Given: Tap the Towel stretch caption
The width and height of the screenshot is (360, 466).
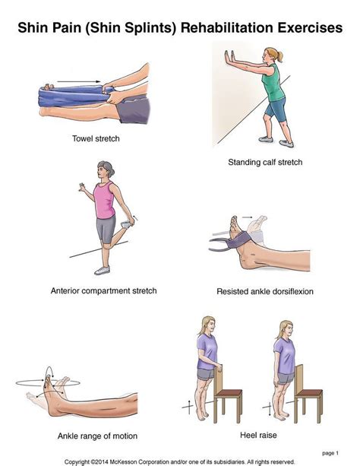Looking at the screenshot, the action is tap(96, 138).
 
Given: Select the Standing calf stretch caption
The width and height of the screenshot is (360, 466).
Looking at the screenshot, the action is tap(265, 162).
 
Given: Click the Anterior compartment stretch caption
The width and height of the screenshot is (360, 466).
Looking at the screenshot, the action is tap(103, 290).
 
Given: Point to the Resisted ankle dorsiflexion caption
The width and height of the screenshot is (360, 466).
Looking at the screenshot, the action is tap(265, 292).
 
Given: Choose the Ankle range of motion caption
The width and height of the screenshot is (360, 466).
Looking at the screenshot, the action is tap(97, 436).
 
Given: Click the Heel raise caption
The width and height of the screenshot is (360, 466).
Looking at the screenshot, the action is tap(258, 435).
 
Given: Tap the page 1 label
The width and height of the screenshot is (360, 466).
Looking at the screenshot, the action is tap(330, 453).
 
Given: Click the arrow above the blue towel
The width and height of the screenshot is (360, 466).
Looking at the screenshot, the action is tap(79, 81).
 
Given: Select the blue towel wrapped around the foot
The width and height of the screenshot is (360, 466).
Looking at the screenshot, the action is tap(74, 96).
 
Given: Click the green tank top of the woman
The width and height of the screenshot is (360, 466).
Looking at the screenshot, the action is tap(273, 84).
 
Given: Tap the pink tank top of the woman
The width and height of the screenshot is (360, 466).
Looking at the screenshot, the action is tap(104, 200).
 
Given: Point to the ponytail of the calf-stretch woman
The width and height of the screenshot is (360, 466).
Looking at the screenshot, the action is tap(279, 55).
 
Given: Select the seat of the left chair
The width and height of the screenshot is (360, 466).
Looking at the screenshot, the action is tap(229, 393).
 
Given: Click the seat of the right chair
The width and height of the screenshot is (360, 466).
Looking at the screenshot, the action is tap(309, 393).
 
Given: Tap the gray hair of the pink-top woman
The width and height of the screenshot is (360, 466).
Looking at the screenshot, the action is tap(107, 168).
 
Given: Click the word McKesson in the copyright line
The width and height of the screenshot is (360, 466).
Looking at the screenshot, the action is tap(124, 462).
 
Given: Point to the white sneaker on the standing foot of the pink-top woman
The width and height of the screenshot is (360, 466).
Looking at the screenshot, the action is tap(103, 271).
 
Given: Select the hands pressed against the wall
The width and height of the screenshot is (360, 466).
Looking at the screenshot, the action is tap(229, 57).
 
